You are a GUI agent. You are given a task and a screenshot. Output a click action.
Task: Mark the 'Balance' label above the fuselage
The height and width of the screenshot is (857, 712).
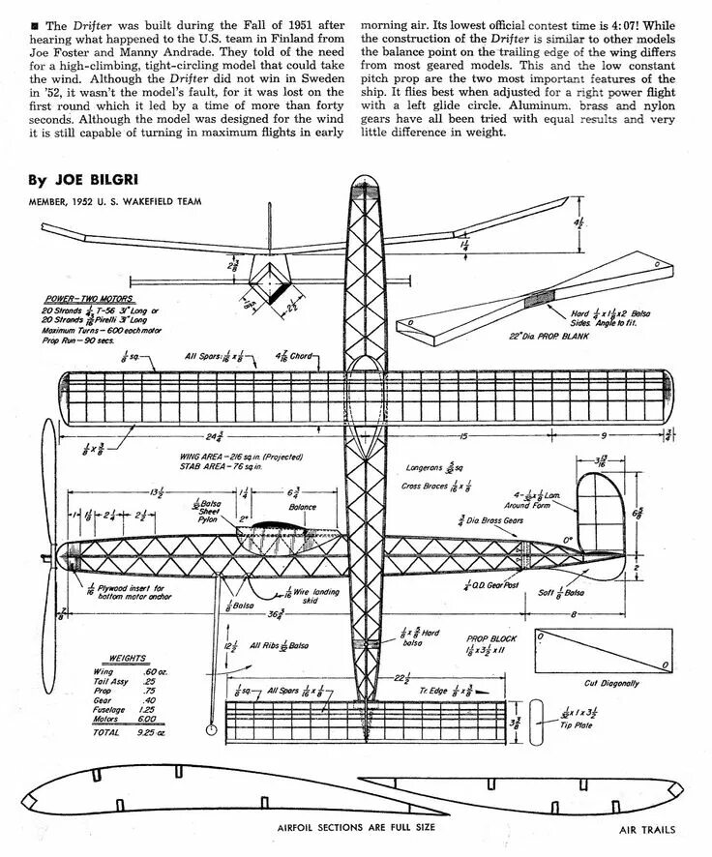tap(303, 506)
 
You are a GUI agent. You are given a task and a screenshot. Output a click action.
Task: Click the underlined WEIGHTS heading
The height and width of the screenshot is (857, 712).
tap(128, 656)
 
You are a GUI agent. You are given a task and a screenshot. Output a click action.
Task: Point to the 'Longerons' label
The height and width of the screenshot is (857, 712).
tap(427, 467)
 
